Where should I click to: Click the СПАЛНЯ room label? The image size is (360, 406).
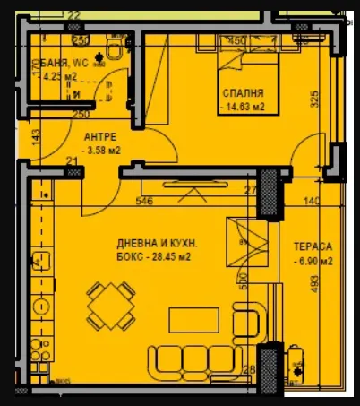(x=242, y=92)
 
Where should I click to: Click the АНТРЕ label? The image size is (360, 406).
(x=99, y=137)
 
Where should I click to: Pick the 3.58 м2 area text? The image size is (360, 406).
(x=99, y=151)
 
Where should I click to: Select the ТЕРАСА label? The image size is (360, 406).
(x=313, y=246)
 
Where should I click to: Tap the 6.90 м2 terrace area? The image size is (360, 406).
(x=313, y=262)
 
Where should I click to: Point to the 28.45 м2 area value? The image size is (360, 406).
(x=154, y=256)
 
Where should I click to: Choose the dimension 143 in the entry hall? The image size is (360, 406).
(x=35, y=136)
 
